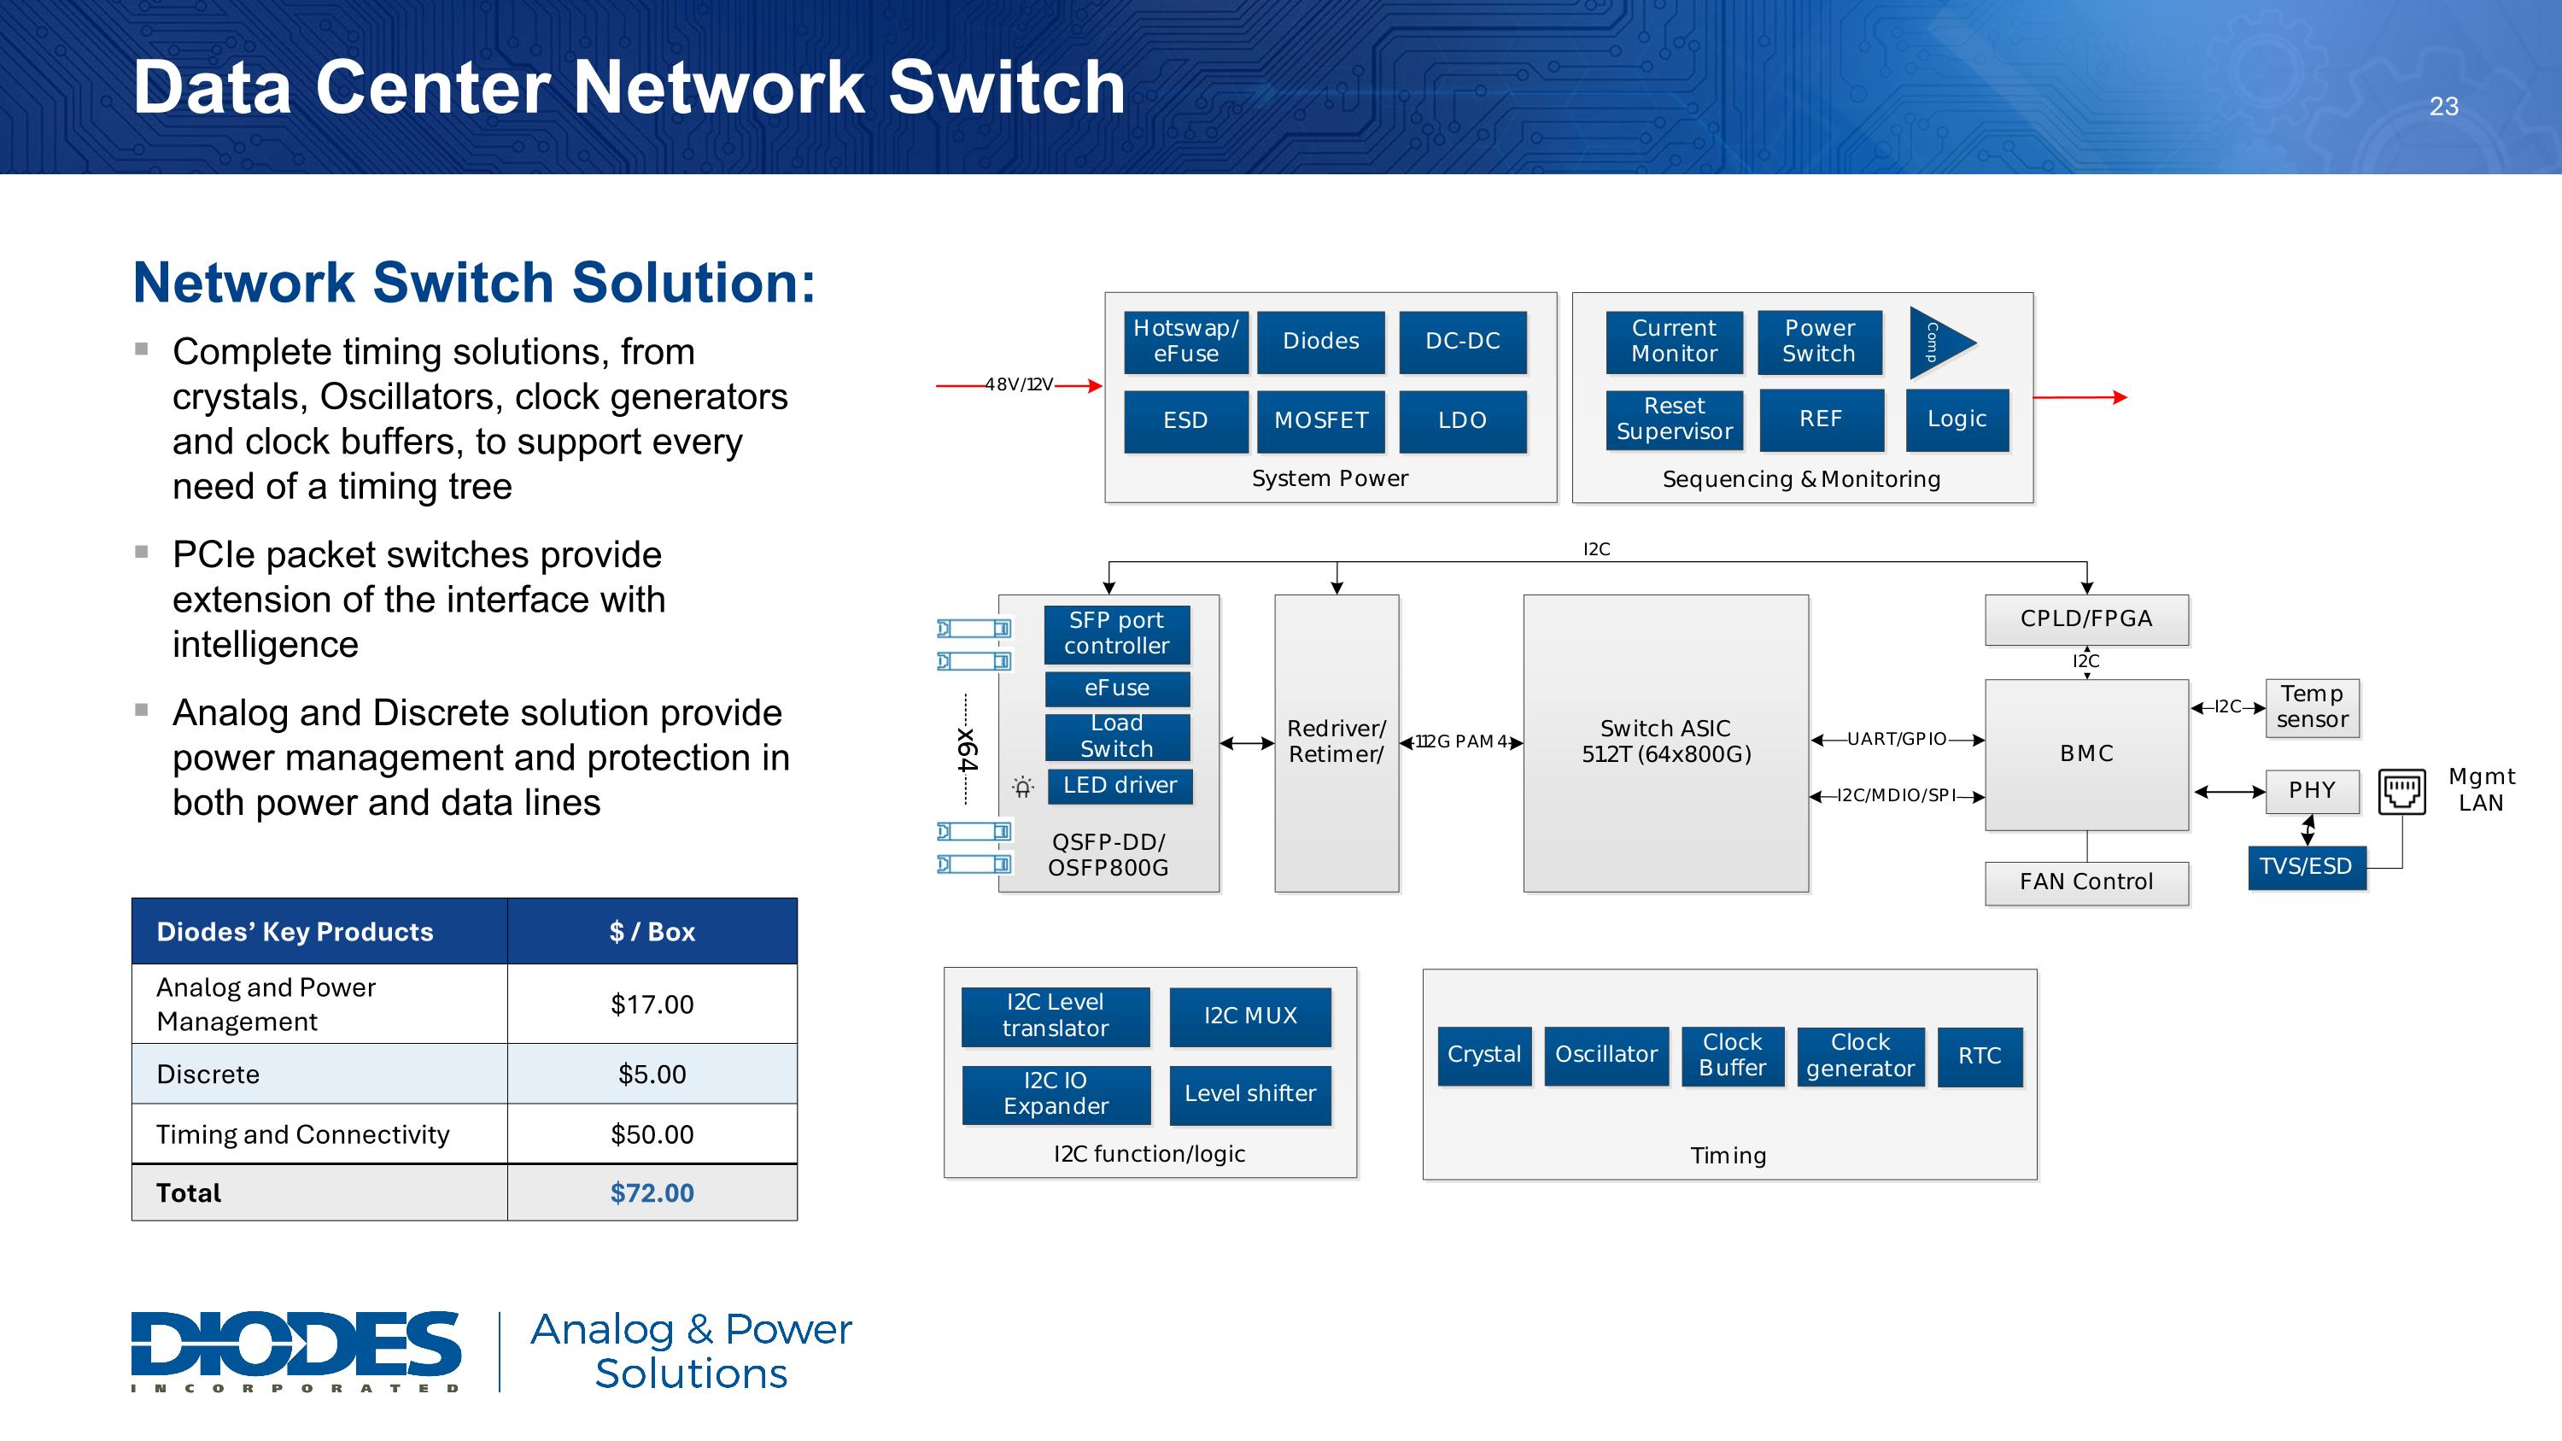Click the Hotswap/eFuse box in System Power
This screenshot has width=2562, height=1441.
point(1185,341)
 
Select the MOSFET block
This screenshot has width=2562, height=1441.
point(1321,420)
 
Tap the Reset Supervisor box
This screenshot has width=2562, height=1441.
point(1674,419)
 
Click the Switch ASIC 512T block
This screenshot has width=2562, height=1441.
point(1666,742)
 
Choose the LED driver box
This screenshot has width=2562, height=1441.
point(1119,786)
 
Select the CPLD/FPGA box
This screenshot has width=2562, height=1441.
point(2086,618)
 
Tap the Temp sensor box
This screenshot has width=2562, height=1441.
point(2312,707)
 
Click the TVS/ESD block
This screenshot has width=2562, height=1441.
point(2306,866)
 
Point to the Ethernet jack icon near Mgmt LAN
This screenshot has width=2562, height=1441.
point(2401,792)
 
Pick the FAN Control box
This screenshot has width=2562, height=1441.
point(2086,882)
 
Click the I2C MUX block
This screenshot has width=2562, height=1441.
point(1250,1016)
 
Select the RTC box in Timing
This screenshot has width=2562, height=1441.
point(1980,1056)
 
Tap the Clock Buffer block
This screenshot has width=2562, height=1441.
point(1733,1055)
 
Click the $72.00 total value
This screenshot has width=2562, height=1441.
point(652,1192)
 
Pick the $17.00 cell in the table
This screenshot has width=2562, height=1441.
point(652,1005)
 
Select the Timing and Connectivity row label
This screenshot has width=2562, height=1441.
point(303,1134)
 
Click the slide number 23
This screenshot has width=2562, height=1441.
point(2443,107)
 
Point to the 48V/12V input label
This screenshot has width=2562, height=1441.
point(1020,385)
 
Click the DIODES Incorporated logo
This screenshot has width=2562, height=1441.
point(295,1350)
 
